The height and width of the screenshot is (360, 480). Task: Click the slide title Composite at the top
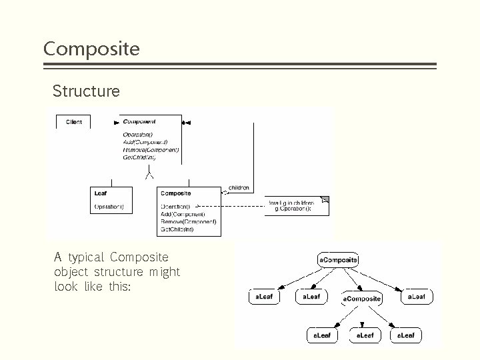pyautogui.click(x=91, y=49)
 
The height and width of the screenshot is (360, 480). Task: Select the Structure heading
pyautogui.click(x=86, y=91)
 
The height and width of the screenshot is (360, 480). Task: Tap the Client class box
pyautogui.click(x=74, y=122)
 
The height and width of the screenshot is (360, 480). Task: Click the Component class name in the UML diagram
pyautogui.click(x=139, y=121)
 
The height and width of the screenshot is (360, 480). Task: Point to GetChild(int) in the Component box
pyautogui.click(x=139, y=158)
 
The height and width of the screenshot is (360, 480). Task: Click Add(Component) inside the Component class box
pyautogui.click(x=145, y=143)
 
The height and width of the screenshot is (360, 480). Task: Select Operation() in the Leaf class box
pyautogui.click(x=109, y=207)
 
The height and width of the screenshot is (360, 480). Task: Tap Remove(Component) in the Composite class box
pyautogui.click(x=188, y=221)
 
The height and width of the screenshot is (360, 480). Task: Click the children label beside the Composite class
pyautogui.click(x=239, y=188)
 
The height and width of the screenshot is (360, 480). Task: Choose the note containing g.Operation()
pyautogui.click(x=298, y=205)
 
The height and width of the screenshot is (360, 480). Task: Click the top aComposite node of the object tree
pyautogui.click(x=339, y=259)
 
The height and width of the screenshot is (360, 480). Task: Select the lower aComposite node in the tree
pyautogui.click(x=362, y=299)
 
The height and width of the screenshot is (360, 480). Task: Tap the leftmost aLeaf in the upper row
pyautogui.click(x=265, y=296)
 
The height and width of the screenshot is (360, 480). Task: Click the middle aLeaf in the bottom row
pyautogui.click(x=365, y=335)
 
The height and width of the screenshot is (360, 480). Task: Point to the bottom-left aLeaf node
pyautogui.click(x=322, y=335)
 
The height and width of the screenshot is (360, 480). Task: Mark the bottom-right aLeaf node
pyautogui.click(x=405, y=335)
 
